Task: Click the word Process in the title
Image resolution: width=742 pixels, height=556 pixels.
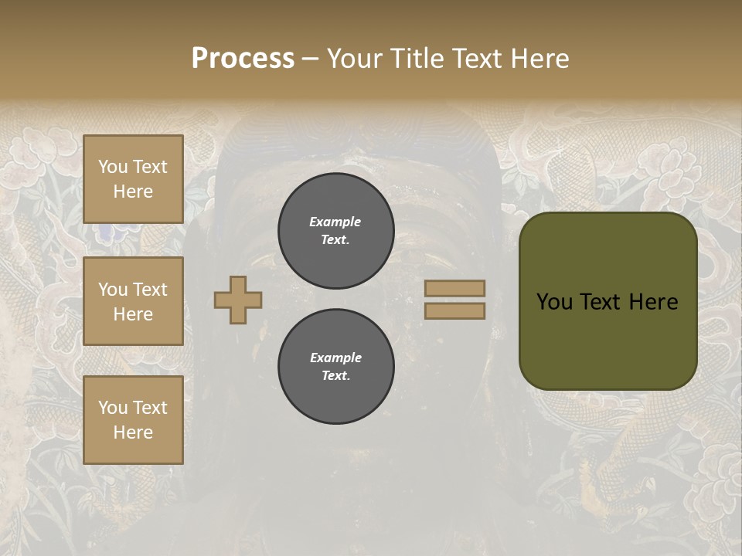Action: click(x=243, y=59)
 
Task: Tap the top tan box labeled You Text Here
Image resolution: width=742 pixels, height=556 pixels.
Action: click(x=133, y=179)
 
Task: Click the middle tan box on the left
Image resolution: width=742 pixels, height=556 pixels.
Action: click(x=133, y=301)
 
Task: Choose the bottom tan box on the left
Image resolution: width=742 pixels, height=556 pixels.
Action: click(x=133, y=420)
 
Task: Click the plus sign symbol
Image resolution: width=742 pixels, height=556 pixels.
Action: click(x=238, y=300)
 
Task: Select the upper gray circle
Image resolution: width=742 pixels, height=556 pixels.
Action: click(x=335, y=230)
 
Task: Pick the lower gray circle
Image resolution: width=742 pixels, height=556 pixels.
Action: click(x=335, y=366)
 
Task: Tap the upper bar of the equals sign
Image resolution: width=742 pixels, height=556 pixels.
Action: click(x=454, y=288)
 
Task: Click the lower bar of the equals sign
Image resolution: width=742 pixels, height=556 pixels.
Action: click(x=454, y=310)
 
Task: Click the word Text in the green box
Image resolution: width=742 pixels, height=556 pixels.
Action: click(x=601, y=302)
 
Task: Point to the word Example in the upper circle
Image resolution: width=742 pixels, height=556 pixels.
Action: click(x=335, y=222)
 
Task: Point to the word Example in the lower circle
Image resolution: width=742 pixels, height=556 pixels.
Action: click(x=335, y=358)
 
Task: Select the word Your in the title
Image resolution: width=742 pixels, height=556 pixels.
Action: click(x=352, y=59)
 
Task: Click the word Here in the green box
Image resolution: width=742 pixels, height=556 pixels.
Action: click(x=653, y=302)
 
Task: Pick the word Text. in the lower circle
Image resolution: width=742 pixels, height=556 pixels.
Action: click(x=335, y=376)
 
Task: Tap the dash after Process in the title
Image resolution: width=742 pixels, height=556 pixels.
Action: click(x=309, y=59)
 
